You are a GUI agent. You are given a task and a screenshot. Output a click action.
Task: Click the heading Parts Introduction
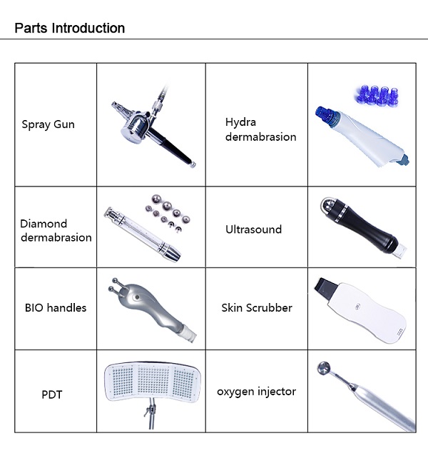(70, 29)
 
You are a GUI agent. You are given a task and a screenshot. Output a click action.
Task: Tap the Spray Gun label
(48, 124)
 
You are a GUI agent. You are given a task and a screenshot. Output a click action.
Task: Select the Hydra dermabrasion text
(260, 129)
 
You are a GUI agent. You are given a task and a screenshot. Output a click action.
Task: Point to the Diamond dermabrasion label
(56, 231)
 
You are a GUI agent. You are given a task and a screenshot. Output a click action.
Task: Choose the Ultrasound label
(254, 229)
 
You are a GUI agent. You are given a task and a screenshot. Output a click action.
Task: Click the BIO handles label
(56, 307)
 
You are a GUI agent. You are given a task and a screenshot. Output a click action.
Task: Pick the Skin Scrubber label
(257, 307)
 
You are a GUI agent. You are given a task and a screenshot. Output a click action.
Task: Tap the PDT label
(52, 395)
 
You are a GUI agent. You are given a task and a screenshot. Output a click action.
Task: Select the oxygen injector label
(257, 392)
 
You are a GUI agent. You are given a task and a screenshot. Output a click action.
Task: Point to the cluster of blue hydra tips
(376, 96)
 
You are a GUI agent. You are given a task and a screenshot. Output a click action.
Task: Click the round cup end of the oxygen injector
(324, 368)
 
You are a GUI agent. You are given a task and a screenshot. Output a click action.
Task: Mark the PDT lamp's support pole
(151, 414)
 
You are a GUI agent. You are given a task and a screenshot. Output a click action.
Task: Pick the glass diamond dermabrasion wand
(142, 234)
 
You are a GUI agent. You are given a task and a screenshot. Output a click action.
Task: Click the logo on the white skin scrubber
(358, 306)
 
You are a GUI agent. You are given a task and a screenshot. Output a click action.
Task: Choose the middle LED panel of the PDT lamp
(153, 380)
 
